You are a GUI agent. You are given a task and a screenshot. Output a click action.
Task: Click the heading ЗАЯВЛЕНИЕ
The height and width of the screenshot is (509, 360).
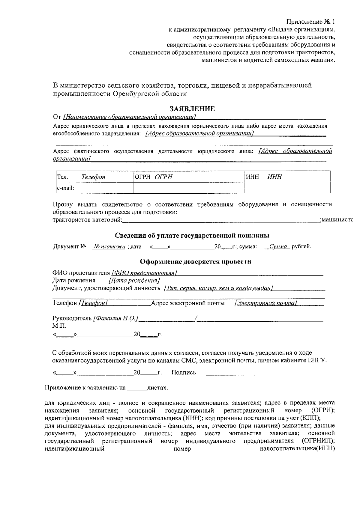[192, 109]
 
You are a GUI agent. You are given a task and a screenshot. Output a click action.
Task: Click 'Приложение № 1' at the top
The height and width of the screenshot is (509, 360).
[310, 22]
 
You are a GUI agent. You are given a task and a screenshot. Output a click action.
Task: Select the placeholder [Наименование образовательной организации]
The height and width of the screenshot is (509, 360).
[130, 117]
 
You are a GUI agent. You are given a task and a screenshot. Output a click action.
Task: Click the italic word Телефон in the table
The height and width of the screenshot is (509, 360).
[93, 177]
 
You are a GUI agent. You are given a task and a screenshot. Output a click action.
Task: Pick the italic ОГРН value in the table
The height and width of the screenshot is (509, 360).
[164, 177]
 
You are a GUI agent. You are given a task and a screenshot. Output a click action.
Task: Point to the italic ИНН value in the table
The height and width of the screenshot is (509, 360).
[275, 177]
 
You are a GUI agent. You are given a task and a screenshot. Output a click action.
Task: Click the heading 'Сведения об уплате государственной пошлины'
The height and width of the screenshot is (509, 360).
[192, 235]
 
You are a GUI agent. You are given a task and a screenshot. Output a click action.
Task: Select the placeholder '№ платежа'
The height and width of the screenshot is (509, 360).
[109, 247]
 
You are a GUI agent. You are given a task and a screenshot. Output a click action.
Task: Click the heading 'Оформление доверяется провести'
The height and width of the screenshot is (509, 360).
[196, 261]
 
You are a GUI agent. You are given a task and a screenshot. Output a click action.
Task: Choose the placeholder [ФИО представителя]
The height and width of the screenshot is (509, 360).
[144, 273]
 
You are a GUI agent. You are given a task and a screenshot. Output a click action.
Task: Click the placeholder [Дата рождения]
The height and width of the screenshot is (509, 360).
[134, 281]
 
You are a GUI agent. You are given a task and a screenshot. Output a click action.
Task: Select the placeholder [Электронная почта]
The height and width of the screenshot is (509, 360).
[266, 303]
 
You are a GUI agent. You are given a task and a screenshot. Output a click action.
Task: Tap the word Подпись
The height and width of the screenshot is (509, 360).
[183, 373]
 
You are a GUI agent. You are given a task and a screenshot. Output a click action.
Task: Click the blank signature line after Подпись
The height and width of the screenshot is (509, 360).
[235, 374]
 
